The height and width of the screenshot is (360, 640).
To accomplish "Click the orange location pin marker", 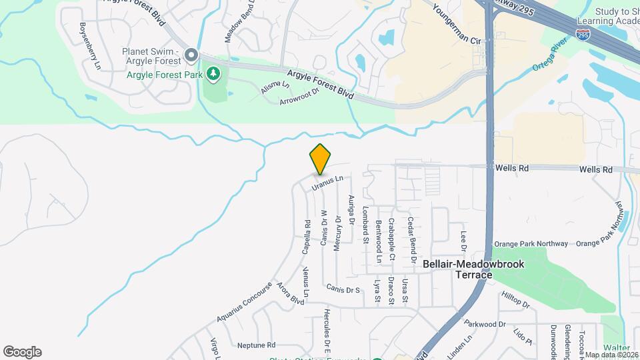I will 320,159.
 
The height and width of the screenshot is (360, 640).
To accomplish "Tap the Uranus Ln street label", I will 329,182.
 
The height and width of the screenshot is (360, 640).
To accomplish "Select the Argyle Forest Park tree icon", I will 213,74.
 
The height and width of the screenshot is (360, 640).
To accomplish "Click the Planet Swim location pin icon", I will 192,54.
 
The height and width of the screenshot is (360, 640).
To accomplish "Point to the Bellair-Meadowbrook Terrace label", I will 473,269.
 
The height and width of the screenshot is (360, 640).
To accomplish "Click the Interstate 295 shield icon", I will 583,33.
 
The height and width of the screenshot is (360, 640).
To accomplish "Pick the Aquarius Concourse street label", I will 244,301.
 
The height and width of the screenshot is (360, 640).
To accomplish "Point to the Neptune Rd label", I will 256,345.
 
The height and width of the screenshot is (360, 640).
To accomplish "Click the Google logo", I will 22,352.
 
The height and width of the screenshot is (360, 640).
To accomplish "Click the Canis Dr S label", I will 343,289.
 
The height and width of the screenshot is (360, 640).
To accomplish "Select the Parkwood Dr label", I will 481,325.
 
